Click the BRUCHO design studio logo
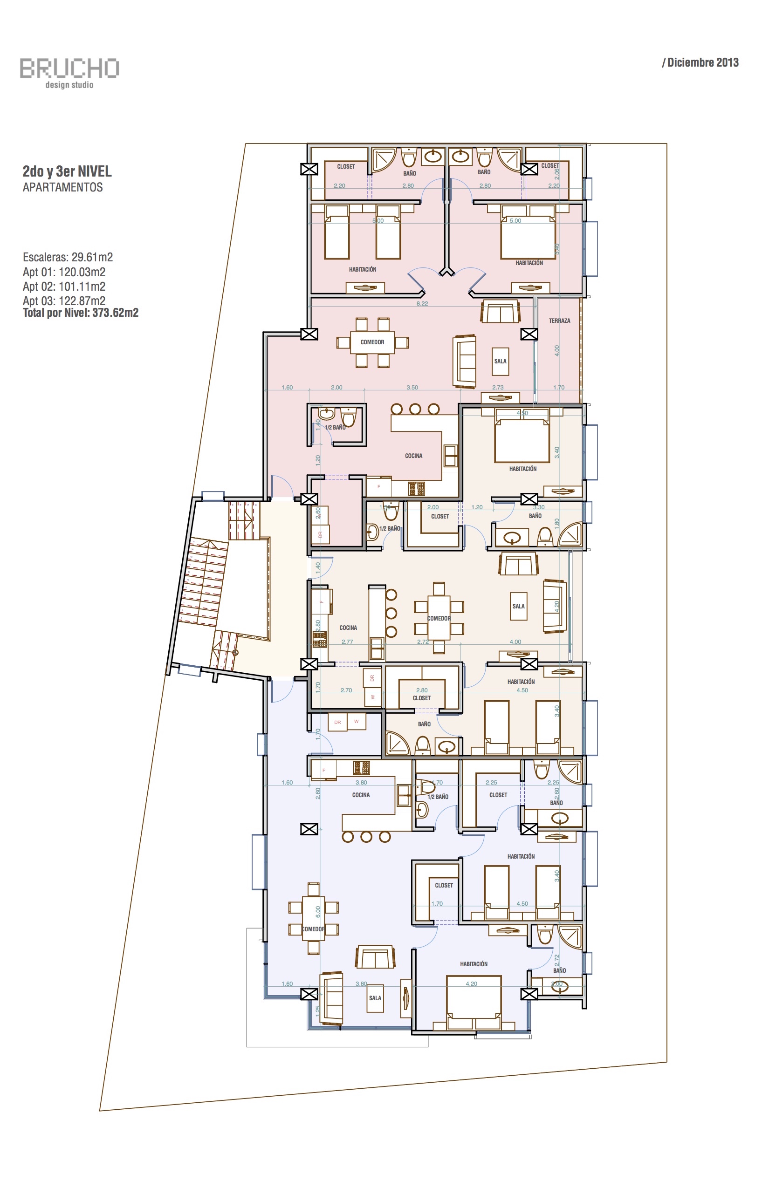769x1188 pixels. (69, 72)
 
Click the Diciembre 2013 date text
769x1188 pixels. (700, 62)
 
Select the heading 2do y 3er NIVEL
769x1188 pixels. (67, 171)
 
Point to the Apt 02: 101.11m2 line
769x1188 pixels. (64, 287)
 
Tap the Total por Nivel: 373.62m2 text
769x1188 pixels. (80, 313)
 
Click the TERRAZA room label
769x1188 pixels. (559, 321)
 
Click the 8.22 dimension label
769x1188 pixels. (422, 303)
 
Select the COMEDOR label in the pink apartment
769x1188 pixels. (372, 342)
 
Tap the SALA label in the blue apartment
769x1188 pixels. (375, 998)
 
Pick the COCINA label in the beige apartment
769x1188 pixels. (348, 628)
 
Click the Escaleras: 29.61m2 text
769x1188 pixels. (68, 257)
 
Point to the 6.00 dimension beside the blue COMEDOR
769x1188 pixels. (318, 912)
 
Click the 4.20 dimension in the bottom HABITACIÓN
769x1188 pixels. (471, 984)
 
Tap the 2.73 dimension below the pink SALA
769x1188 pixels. (498, 387)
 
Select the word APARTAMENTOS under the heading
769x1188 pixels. (62, 187)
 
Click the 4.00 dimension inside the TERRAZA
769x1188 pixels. (557, 350)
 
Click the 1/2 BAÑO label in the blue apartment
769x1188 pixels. (438, 797)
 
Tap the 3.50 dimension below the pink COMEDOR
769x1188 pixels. (412, 387)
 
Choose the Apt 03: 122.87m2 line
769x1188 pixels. (64, 301)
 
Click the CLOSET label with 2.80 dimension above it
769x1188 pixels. (421, 698)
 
